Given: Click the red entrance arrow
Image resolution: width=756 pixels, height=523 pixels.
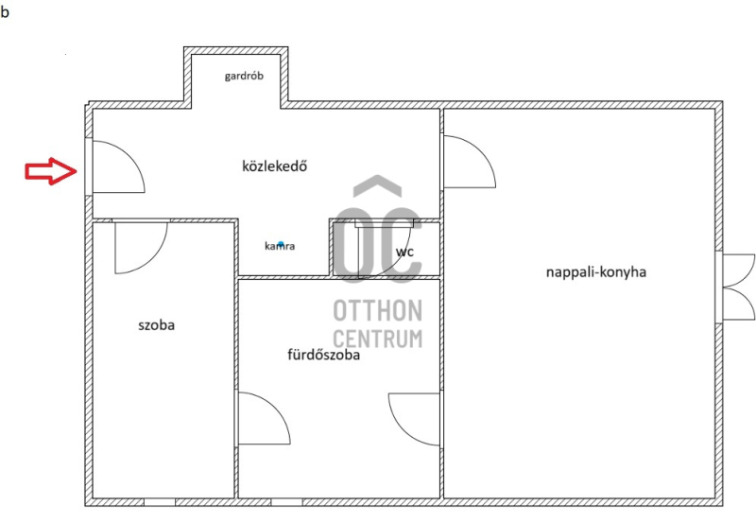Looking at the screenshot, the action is [51, 171].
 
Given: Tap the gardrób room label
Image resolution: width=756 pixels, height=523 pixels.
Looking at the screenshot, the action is [244, 77].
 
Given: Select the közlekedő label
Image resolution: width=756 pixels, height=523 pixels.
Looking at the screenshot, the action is [274, 166].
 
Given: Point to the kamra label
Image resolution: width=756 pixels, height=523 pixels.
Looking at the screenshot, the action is [280, 246].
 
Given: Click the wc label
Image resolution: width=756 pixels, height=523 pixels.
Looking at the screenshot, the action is [404, 252].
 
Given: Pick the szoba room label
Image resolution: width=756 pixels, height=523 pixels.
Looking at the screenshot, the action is [156, 325].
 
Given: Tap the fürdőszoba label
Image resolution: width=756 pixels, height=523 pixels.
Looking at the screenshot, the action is [323, 355].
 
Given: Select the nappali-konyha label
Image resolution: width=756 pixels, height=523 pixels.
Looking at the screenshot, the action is [596, 272].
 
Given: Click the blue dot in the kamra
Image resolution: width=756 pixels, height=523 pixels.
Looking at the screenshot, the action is [281, 244].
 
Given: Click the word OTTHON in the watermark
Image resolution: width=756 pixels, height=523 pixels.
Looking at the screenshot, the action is [377, 310].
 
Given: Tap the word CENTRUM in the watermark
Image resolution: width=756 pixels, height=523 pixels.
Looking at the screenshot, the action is [377, 339].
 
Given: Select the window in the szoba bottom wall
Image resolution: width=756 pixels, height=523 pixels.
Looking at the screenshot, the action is [160, 502].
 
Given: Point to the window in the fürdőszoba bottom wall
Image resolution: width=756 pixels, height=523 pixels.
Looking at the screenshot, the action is [287, 502].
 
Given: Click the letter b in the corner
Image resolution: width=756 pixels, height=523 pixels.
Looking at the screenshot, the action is [5, 11].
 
